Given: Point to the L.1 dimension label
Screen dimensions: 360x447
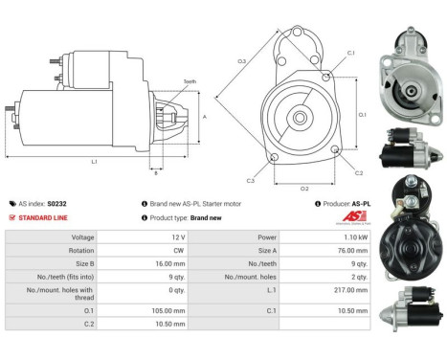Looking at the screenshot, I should pos(94,162).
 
